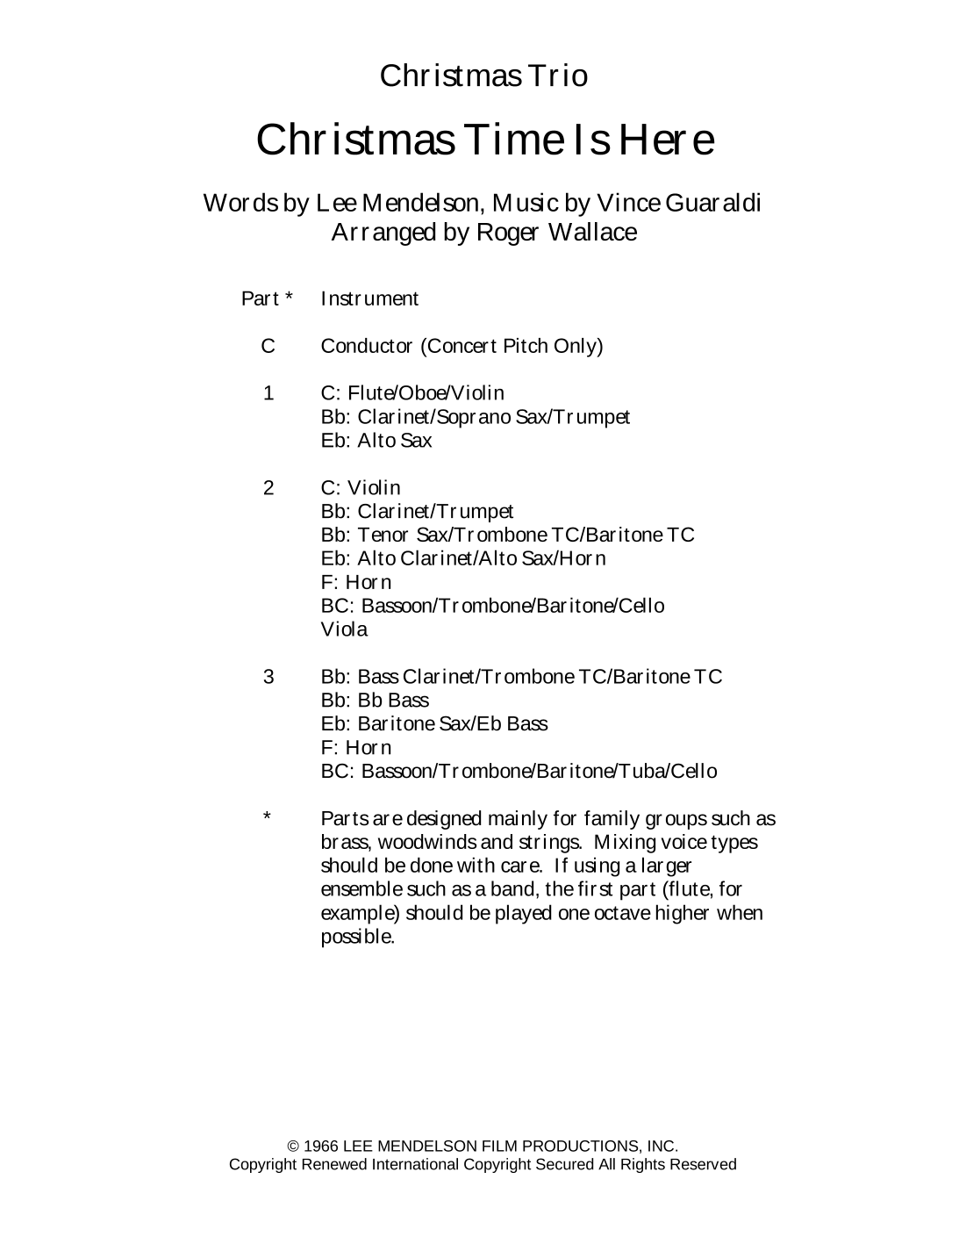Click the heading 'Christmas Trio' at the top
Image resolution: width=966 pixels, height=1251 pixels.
(x=483, y=76)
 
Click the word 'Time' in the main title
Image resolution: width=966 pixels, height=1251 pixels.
(x=523, y=140)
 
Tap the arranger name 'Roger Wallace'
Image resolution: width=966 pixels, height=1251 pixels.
(x=556, y=233)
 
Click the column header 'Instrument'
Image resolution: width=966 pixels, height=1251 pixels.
(x=369, y=298)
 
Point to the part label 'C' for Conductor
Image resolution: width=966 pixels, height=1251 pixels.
(x=268, y=346)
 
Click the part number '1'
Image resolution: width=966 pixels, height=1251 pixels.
(x=268, y=393)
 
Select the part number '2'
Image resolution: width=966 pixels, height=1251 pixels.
(x=268, y=488)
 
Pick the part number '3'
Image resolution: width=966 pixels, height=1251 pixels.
(x=268, y=677)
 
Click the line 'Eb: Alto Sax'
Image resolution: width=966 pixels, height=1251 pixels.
(x=376, y=441)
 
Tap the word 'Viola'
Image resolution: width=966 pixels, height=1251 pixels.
(x=344, y=629)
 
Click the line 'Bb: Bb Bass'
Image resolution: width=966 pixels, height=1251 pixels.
(x=375, y=701)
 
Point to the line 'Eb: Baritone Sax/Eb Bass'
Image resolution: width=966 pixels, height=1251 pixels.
(x=434, y=724)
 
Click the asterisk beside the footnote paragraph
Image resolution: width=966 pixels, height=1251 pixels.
(x=267, y=817)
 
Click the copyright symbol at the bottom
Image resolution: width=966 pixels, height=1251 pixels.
(x=293, y=1146)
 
